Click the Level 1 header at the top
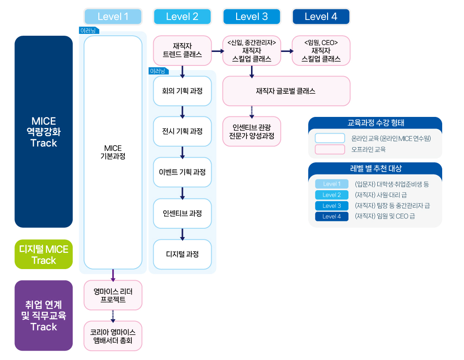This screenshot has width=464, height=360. tap(113, 17)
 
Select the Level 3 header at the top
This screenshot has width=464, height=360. tap(251, 17)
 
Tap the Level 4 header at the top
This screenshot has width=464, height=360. tap(321, 17)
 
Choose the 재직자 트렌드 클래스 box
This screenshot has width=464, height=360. tap(182, 51)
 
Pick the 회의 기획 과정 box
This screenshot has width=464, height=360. tap(182, 91)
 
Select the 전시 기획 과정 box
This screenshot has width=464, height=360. tap(182, 131)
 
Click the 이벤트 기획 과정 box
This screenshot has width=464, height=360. tap(182, 172)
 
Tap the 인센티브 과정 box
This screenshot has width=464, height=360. tap(182, 213)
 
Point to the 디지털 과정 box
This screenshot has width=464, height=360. tap(182, 254)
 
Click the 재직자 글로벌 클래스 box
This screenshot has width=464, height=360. tap(286, 91)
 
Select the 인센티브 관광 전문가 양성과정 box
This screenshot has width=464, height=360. tap(251, 131)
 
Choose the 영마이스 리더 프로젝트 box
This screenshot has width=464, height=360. tap(113, 296)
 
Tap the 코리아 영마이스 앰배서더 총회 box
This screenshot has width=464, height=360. tap(113, 336)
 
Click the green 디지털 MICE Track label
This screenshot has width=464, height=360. tap(44, 255)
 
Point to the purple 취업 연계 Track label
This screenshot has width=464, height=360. tap(44, 315)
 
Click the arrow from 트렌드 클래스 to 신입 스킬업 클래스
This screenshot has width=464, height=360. tap(217, 51)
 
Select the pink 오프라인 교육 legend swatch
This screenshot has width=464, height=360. tap(329, 149)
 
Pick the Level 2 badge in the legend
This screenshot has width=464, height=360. tap(331, 195)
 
